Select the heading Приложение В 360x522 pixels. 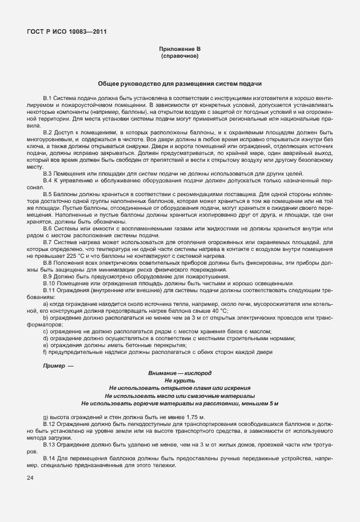click(x=179, y=50)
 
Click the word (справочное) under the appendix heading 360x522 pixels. click(x=179, y=57)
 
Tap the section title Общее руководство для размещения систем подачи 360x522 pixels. click(x=179, y=83)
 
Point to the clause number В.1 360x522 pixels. click(x=48, y=99)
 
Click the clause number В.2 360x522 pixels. click(x=48, y=132)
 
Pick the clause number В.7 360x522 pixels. click(x=48, y=243)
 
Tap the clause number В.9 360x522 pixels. click(x=48, y=277)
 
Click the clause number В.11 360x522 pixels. click(x=49, y=290)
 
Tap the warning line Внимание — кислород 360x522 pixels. click(x=179, y=373)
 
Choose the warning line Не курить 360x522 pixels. click(x=179, y=380)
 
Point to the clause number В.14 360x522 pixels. click(x=49, y=459)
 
